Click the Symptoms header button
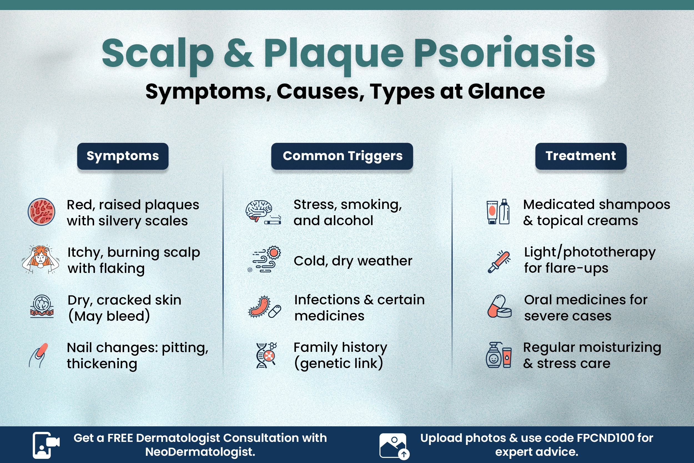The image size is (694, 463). (x=123, y=156)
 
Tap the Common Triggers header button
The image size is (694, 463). (x=342, y=156)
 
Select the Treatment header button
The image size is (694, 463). (x=580, y=156)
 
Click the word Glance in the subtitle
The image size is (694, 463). (x=506, y=91)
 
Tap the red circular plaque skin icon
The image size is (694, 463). (x=41, y=212)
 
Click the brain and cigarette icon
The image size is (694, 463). (x=263, y=212)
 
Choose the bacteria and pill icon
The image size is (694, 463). (x=264, y=307)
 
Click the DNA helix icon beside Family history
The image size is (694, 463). (x=266, y=355)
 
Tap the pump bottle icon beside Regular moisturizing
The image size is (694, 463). (x=498, y=355)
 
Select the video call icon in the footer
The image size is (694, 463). (x=46, y=445)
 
